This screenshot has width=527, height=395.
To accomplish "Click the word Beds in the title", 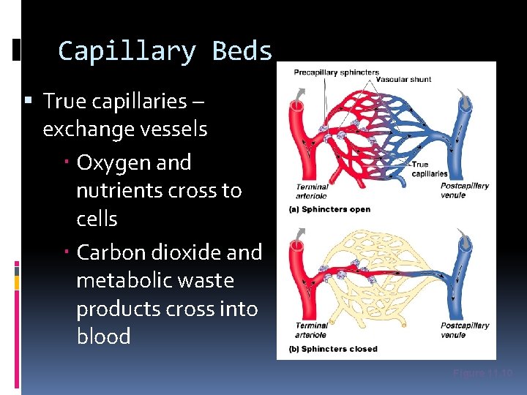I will click(242, 51).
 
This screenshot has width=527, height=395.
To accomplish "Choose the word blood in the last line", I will click(103, 336).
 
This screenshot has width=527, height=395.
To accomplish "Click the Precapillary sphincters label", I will click(337, 72).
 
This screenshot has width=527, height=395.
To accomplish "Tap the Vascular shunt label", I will click(403, 79).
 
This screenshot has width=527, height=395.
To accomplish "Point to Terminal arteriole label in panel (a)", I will click(312, 191).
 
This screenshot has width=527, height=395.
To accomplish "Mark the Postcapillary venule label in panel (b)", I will click(464, 330).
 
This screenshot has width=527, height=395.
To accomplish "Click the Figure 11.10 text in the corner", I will click(482, 373).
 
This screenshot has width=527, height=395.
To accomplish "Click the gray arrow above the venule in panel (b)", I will click(462, 237).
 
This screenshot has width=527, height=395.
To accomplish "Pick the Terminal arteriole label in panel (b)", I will click(312, 330).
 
